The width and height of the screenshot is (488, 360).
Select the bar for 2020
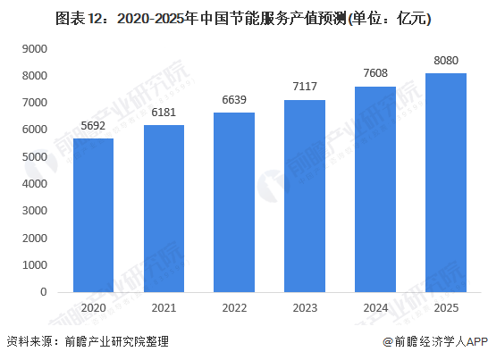94,214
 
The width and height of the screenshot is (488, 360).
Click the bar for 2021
164,208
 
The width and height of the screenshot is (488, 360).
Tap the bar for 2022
234,202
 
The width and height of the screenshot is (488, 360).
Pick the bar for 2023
304,196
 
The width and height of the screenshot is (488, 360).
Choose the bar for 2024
374,188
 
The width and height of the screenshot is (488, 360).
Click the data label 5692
94,126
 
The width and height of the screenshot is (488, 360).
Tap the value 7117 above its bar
304,88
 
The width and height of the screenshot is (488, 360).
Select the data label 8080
444,62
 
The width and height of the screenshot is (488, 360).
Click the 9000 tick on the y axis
35,48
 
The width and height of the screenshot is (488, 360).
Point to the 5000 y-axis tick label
35,156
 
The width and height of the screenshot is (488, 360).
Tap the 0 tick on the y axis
43,291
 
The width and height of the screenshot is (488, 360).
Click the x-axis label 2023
304,306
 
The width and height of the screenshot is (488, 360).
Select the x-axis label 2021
164,306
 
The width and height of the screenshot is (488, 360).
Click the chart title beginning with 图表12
243,17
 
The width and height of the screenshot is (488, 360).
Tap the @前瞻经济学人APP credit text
433,342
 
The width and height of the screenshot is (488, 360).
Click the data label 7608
374,74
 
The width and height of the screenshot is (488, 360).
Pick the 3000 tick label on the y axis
35,211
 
